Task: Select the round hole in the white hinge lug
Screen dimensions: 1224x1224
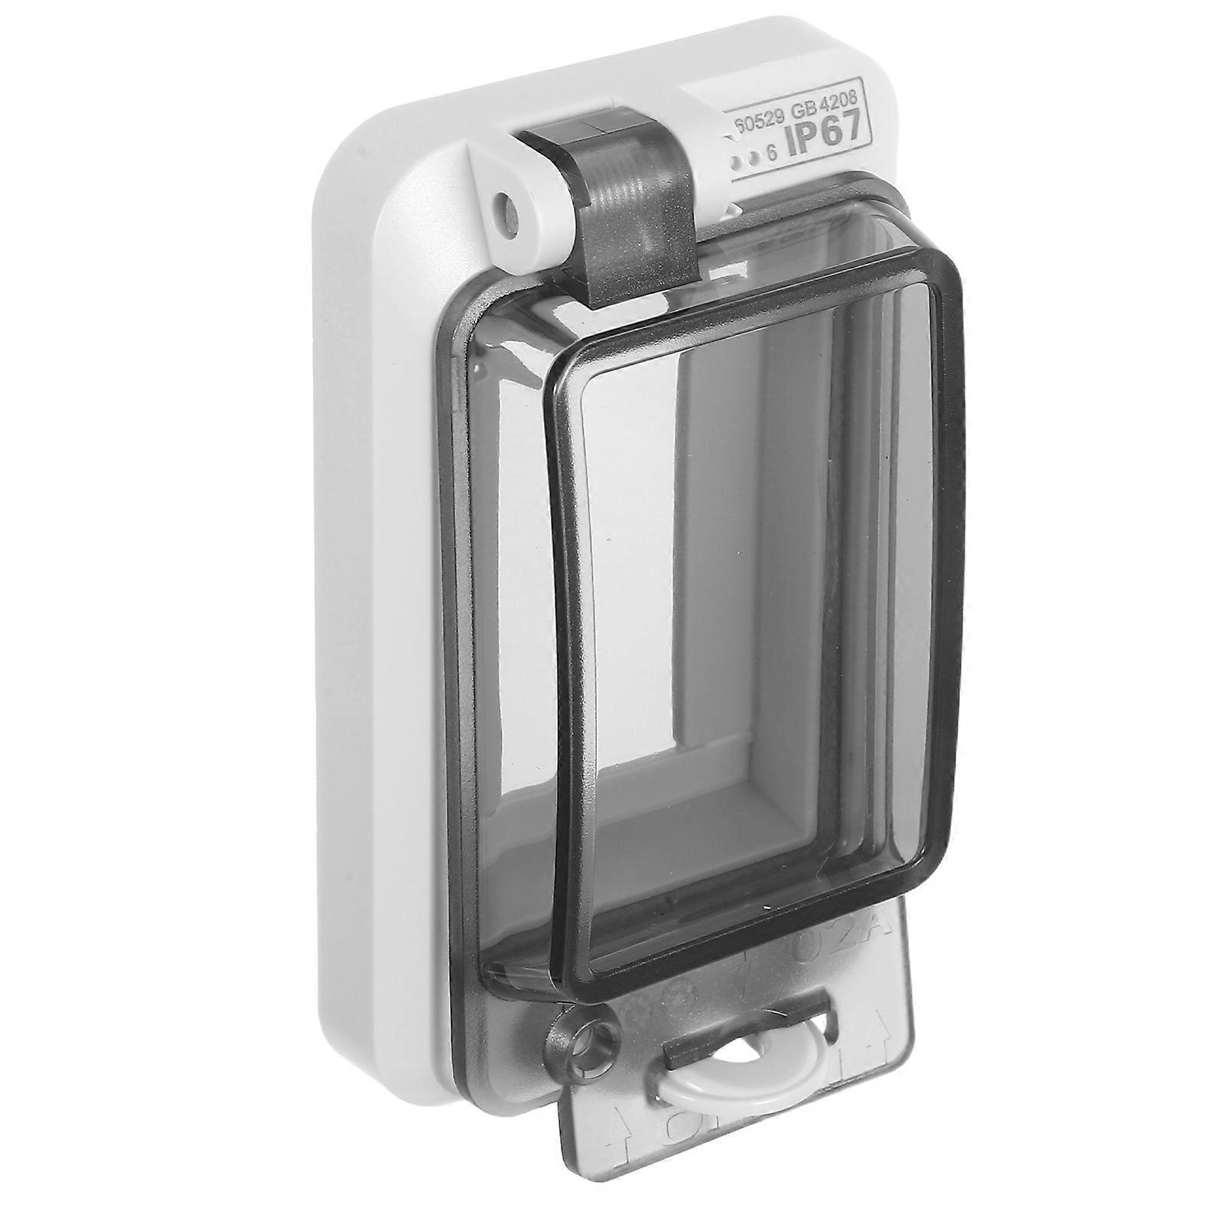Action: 509,205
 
